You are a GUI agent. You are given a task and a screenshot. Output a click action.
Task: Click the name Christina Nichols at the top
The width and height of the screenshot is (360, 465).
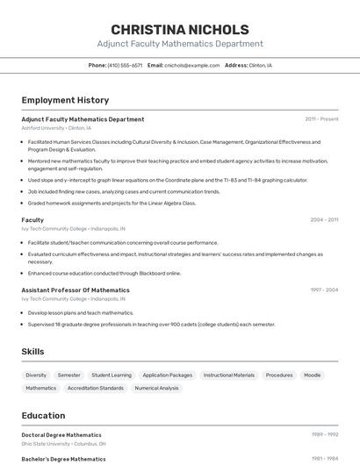tap(180, 29)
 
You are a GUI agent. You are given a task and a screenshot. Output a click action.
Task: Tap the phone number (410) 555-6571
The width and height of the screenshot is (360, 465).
tap(125, 65)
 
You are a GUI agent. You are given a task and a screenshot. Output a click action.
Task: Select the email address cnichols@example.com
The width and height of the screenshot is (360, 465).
tap(192, 65)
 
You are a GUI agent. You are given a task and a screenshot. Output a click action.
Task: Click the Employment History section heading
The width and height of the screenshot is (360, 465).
tap(65, 100)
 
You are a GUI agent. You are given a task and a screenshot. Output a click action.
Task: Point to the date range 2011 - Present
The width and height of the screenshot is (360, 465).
tap(321, 119)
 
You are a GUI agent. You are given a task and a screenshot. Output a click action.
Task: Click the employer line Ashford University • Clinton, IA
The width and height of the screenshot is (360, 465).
tap(56, 128)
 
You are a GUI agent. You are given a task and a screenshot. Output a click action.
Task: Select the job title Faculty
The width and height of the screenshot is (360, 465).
tap(32, 220)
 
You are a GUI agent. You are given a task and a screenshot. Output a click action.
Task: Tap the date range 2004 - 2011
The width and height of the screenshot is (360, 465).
tap(324, 220)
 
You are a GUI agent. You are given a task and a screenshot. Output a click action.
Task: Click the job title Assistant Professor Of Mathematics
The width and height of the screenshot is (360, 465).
tap(76, 290)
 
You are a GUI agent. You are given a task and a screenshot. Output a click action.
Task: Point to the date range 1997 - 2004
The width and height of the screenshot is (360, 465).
tap(324, 290)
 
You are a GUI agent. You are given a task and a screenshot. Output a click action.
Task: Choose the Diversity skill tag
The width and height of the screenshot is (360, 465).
tap(36, 376)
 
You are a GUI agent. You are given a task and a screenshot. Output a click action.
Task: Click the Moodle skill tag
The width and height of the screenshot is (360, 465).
tap(313, 376)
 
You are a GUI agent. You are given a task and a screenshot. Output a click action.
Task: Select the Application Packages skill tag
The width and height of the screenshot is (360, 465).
tap(168, 376)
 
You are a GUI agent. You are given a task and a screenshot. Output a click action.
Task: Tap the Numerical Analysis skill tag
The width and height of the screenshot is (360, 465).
tap(157, 388)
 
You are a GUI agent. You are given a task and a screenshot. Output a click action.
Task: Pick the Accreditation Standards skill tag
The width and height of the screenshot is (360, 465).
tap(96, 388)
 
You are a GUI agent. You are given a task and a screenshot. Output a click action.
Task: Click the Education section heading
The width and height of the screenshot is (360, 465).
tap(43, 416)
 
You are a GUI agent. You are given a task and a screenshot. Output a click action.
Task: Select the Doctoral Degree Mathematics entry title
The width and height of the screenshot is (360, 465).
tap(61, 435)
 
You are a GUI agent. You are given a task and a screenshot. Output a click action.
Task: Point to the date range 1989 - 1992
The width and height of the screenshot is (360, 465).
tap(325, 435)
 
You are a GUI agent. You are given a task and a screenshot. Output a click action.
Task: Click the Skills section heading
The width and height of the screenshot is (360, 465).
tap(33, 352)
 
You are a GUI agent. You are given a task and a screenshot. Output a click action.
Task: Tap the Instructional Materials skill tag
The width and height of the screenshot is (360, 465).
tap(229, 376)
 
